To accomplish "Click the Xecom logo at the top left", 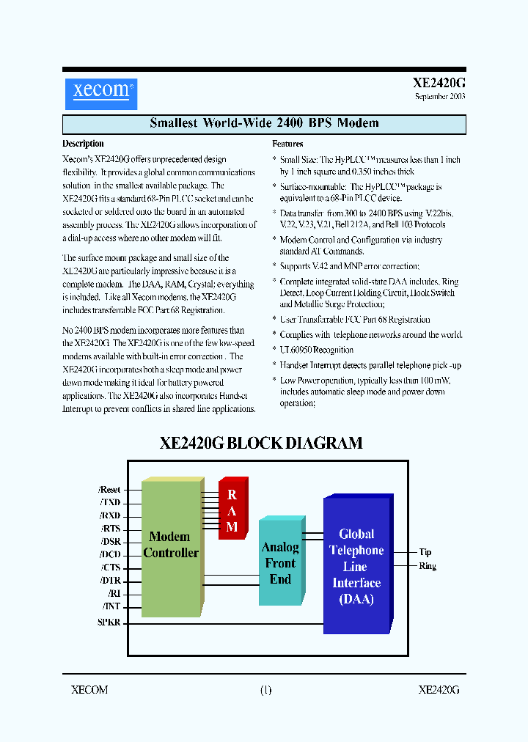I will [100, 92].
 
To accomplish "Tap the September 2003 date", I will [439, 96].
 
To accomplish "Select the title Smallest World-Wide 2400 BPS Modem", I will [264, 123].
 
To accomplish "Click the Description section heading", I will [83, 144].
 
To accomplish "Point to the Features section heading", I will [287, 144].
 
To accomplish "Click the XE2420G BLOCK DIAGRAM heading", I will [261, 443].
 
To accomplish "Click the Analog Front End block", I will [280, 563].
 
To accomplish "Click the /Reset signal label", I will [109, 489].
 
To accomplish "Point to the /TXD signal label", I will [110, 502].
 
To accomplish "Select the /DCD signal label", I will [110, 554].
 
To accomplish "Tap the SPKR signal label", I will [109, 622].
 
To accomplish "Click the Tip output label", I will [425, 552].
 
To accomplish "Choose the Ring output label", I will [428, 566].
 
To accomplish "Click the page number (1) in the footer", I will [265, 689].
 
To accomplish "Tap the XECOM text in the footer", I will [89, 689].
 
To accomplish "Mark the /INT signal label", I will [111, 606].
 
